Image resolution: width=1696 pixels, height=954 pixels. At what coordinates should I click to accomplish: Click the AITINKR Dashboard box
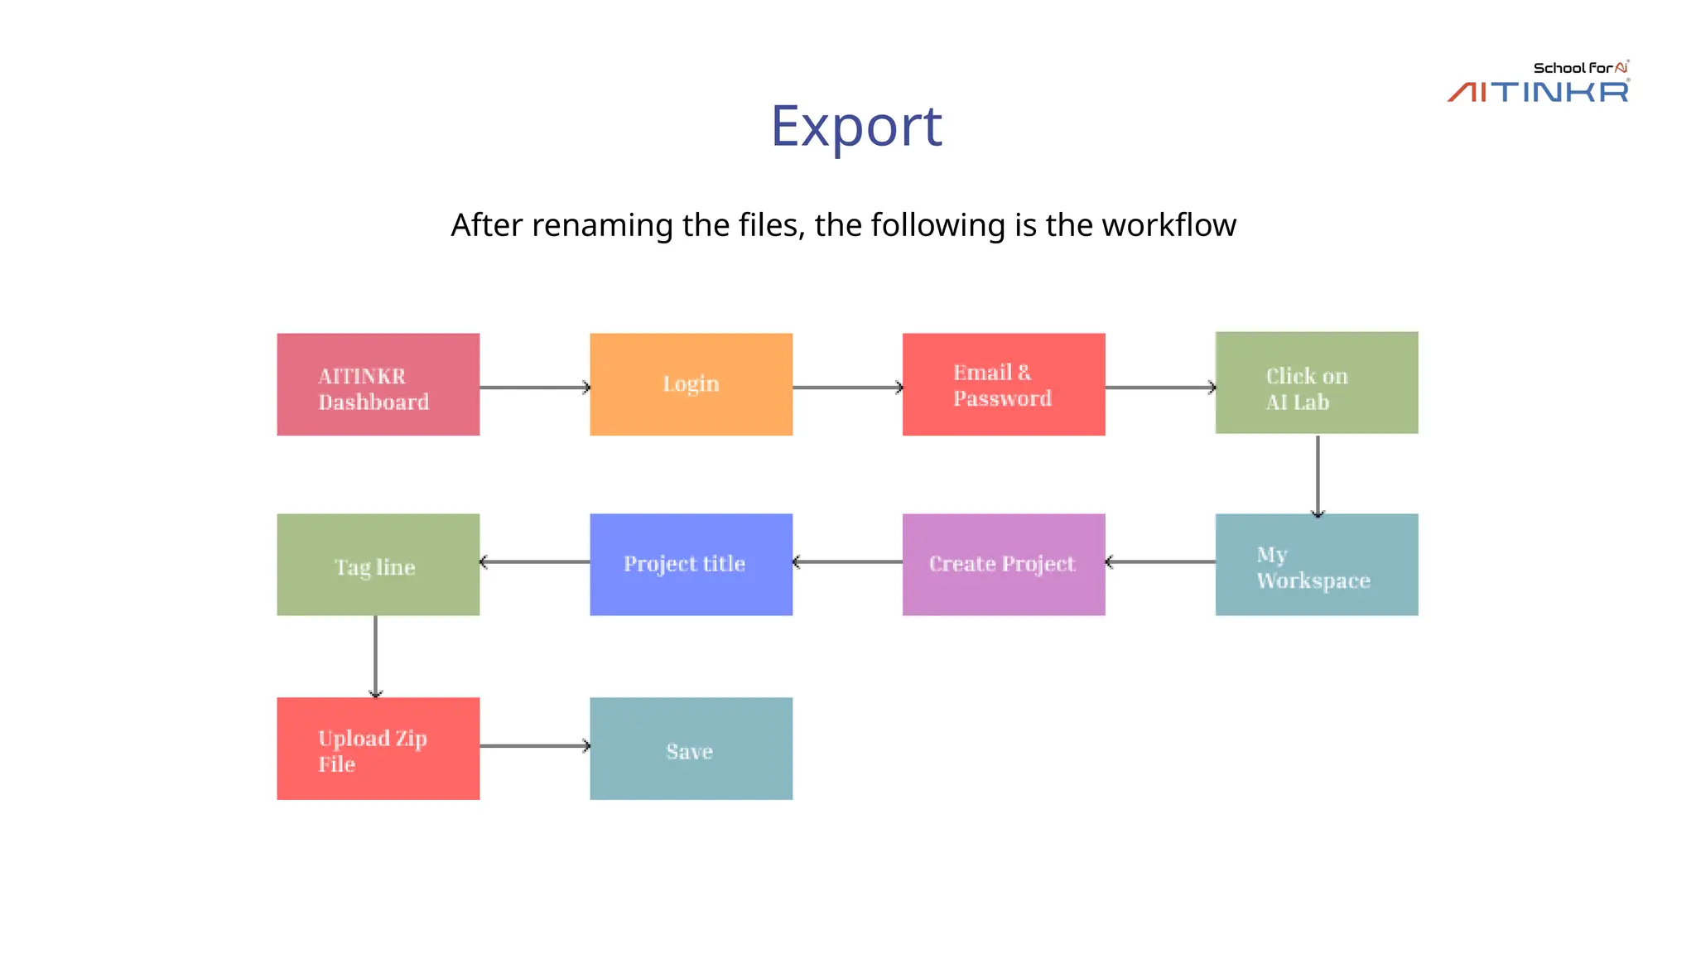pyautogui.click(x=378, y=384)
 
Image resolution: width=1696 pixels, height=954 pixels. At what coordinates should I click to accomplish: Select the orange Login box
pyautogui.click(x=691, y=384)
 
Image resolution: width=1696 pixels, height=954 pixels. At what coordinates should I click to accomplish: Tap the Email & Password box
pyautogui.click(x=1003, y=384)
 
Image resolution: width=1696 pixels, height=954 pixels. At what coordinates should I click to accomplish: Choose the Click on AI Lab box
pyautogui.click(x=1316, y=383)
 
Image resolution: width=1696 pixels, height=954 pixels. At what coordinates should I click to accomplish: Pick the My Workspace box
pyautogui.click(x=1316, y=565)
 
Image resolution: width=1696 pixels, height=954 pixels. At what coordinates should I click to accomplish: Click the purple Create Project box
pyautogui.click(x=1003, y=565)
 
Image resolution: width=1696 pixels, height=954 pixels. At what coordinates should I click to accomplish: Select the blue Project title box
pyautogui.click(x=691, y=565)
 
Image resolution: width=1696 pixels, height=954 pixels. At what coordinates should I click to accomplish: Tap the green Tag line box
pyautogui.click(x=378, y=565)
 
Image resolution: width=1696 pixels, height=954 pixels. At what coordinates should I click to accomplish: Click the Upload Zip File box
pyautogui.click(x=378, y=749)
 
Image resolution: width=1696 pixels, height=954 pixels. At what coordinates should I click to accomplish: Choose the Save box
pyautogui.click(x=691, y=749)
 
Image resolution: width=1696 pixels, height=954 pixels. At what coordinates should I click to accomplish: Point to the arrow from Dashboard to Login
pyautogui.click(x=534, y=388)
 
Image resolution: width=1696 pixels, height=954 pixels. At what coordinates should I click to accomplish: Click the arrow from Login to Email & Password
pyautogui.click(x=847, y=388)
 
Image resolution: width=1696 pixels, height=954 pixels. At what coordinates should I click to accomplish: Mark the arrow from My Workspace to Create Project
pyautogui.click(x=1160, y=562)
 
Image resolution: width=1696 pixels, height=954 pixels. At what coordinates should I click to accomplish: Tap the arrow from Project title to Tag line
pyautogui.click(x=534, y=562)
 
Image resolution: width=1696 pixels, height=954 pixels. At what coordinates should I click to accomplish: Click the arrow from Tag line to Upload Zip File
pyautogui.click(x=375, y=657)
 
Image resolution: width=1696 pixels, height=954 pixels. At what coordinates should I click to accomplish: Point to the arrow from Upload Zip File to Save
pyautogui.click(x=534, y=746)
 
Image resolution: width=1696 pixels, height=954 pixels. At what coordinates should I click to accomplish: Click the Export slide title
pyautogui.click(x=856, y=126)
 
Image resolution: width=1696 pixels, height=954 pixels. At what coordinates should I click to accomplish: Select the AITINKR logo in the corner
pyautogui.click(x=1538, y=83)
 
